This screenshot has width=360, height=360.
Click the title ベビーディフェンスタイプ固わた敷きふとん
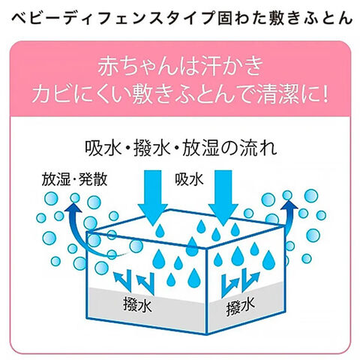(x=182, y=18)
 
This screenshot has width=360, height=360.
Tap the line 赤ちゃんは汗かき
(x=181, y=66)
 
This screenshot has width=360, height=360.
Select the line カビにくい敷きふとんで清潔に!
(x=180, y=94)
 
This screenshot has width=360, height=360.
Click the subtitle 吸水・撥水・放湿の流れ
(x=181, y=148)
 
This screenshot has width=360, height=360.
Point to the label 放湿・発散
(x=74, y=179)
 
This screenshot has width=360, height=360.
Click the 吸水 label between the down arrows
(x=189, y=179)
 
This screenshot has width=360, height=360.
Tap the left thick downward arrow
(x=153, y=197)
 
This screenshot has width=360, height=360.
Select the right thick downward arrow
(x=223, y=197)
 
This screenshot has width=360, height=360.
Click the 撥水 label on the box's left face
(x=137, y=304)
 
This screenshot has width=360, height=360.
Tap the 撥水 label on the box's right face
(x=241, y=305)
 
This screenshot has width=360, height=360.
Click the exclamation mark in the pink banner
(x=325, y=94)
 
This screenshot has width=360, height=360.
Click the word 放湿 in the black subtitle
(x=201, y=148)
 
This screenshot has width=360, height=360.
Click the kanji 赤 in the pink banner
(x=106, y=66)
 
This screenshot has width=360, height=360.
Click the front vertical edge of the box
(x=206, y=291)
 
